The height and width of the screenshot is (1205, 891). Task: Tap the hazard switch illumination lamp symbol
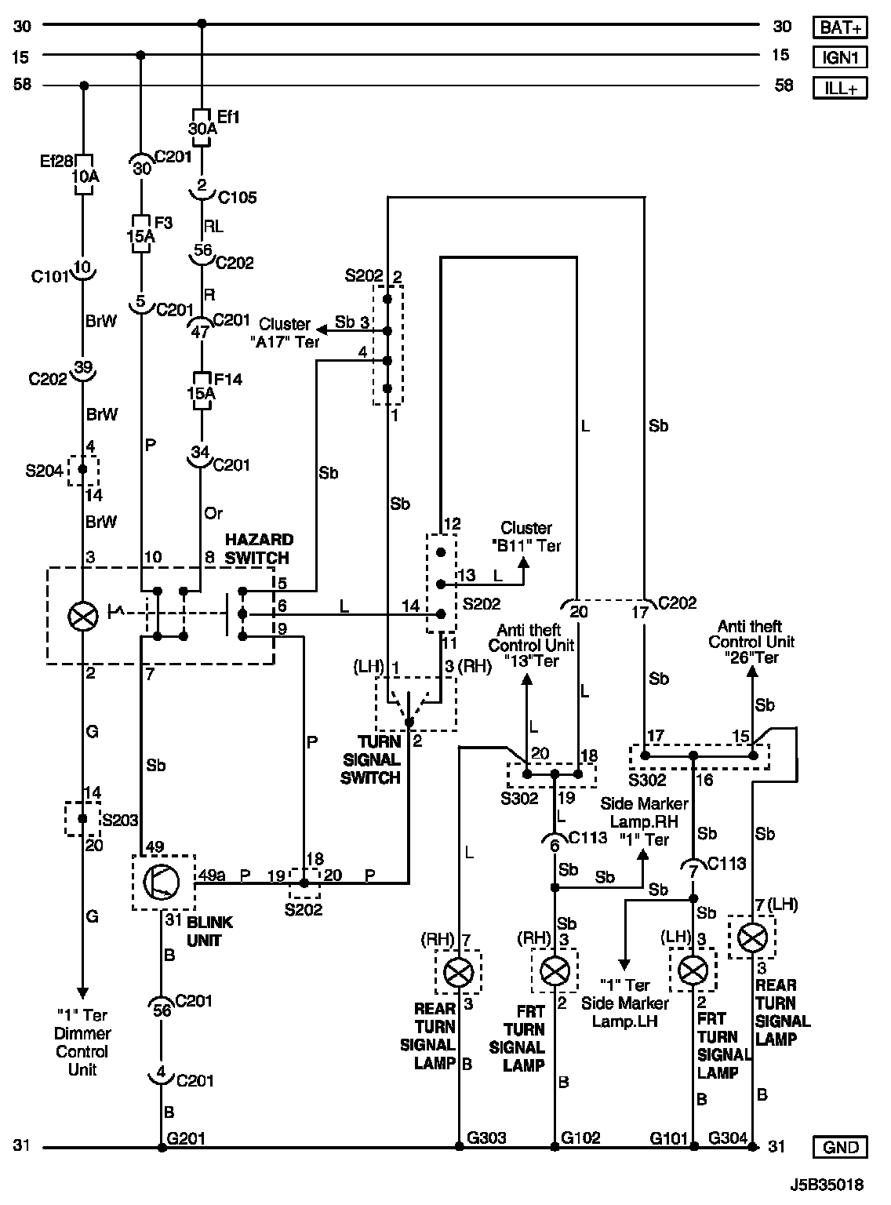82,616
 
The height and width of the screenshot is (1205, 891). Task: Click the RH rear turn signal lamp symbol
458,973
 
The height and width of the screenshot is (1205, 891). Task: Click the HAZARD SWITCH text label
258,548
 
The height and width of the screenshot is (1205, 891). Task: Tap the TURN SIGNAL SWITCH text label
379,759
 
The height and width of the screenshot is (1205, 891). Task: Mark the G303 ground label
486,1138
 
